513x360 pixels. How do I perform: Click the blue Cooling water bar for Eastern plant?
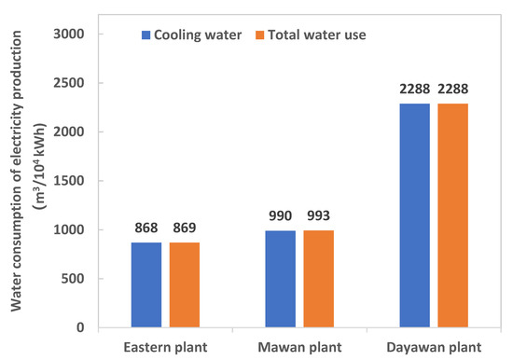146,284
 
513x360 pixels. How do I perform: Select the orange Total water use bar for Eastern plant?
184,284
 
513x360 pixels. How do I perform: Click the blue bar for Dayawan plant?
399,215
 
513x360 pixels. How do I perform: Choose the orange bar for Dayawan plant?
437,215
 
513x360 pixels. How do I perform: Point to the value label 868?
146,228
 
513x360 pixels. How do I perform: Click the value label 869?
184,228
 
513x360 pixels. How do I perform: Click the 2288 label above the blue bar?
398,90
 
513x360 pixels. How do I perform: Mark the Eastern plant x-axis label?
165,347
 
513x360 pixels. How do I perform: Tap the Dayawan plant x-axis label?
418,347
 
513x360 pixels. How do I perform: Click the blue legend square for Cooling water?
146,35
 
